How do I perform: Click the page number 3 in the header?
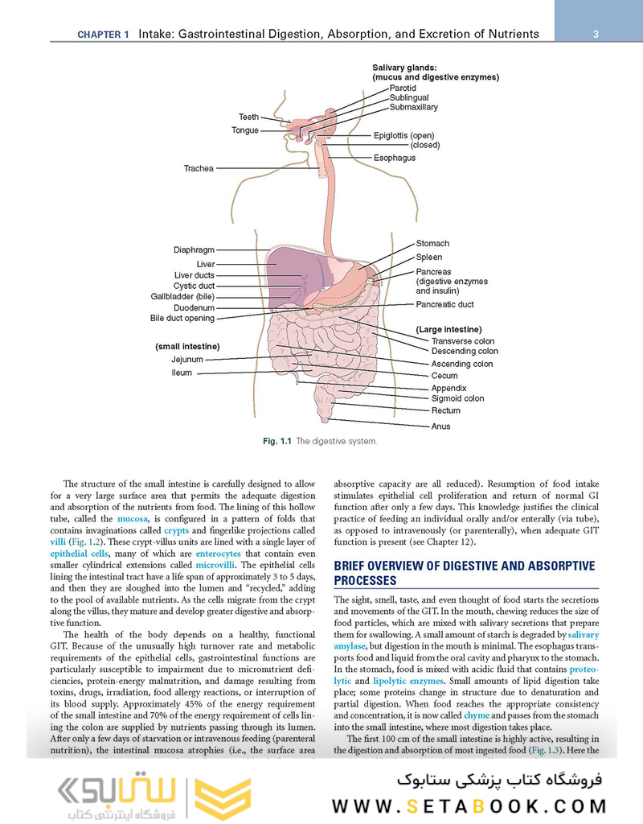click(596, 34)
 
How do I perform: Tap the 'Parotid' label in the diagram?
click(403, 88)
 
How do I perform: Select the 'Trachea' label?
click(199, 168)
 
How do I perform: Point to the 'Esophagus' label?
click(395, 158)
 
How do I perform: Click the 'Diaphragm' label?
click(194, 249)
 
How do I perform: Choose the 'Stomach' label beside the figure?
click(432, 243)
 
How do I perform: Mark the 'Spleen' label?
click(428, 257)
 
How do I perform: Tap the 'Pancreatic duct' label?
click(444, 305)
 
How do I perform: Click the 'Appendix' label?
click(448, 388)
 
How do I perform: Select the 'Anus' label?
click(440, 426)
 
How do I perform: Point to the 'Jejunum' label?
click(187, 360)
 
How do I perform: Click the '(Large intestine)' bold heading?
click(448, 329)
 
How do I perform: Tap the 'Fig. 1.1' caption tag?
click(277, 442)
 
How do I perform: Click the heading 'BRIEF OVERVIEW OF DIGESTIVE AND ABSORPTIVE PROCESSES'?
click(465, 573)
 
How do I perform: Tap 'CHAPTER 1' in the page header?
click(103, 35)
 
